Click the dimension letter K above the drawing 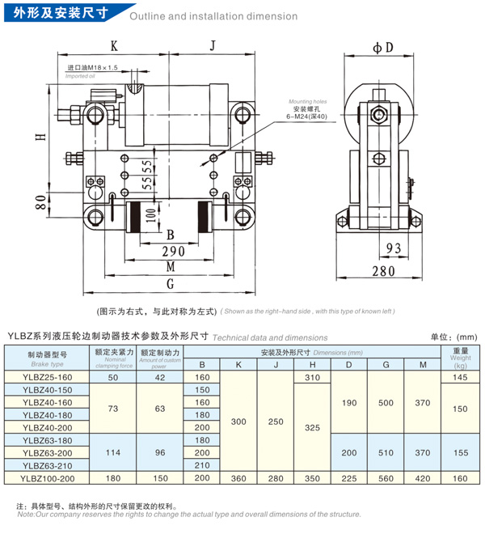pyautogui.click(x=114, y=45)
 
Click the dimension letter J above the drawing pyautogui.click(x=212, y=45)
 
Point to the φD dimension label pyautogui.click(x=382, y=46)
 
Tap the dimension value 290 pyautogui.click(x=171, y=252)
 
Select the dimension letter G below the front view pyautogui.click(x=170, y=284)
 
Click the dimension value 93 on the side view pyautogui.click(x=393, y=248)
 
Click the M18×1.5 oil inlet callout pyautogui.click(x=93, y=68)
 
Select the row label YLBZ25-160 pyautogui.click(x=47, y=378)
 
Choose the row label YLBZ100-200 pyautogui.click(x=47, y=478)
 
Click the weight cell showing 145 pyautogui.click(x=461, y=378)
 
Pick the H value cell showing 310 pyautogui.click(x=313, y=378)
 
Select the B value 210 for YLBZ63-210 pyautogui.click(x=202, y=465)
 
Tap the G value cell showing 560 pyautogui.click(x=386, y=478)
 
